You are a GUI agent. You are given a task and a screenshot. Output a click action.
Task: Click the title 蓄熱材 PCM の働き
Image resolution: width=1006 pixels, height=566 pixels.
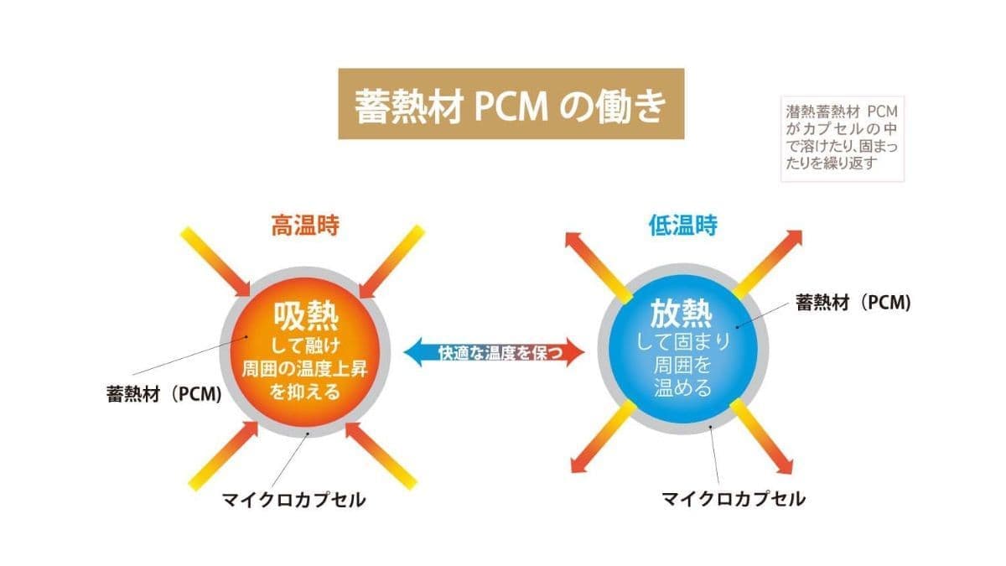511,105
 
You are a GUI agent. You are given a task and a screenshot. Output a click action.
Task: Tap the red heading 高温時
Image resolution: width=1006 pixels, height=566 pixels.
304,226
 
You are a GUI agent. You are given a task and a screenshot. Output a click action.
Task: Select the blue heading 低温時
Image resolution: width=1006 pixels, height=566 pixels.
683,226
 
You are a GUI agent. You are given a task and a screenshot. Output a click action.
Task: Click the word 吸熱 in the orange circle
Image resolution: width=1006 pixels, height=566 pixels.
305,316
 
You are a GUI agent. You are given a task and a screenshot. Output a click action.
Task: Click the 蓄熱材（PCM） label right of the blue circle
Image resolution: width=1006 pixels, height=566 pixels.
853,303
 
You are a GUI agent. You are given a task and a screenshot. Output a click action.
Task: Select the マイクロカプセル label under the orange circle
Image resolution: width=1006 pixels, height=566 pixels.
293,501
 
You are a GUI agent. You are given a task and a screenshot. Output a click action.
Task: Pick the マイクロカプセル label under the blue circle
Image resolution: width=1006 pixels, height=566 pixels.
734,499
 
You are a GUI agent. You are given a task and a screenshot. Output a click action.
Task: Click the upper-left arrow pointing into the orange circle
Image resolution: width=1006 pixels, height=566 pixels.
217,261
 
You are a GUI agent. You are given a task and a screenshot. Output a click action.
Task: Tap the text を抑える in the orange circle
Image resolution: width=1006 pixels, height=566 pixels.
305,391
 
